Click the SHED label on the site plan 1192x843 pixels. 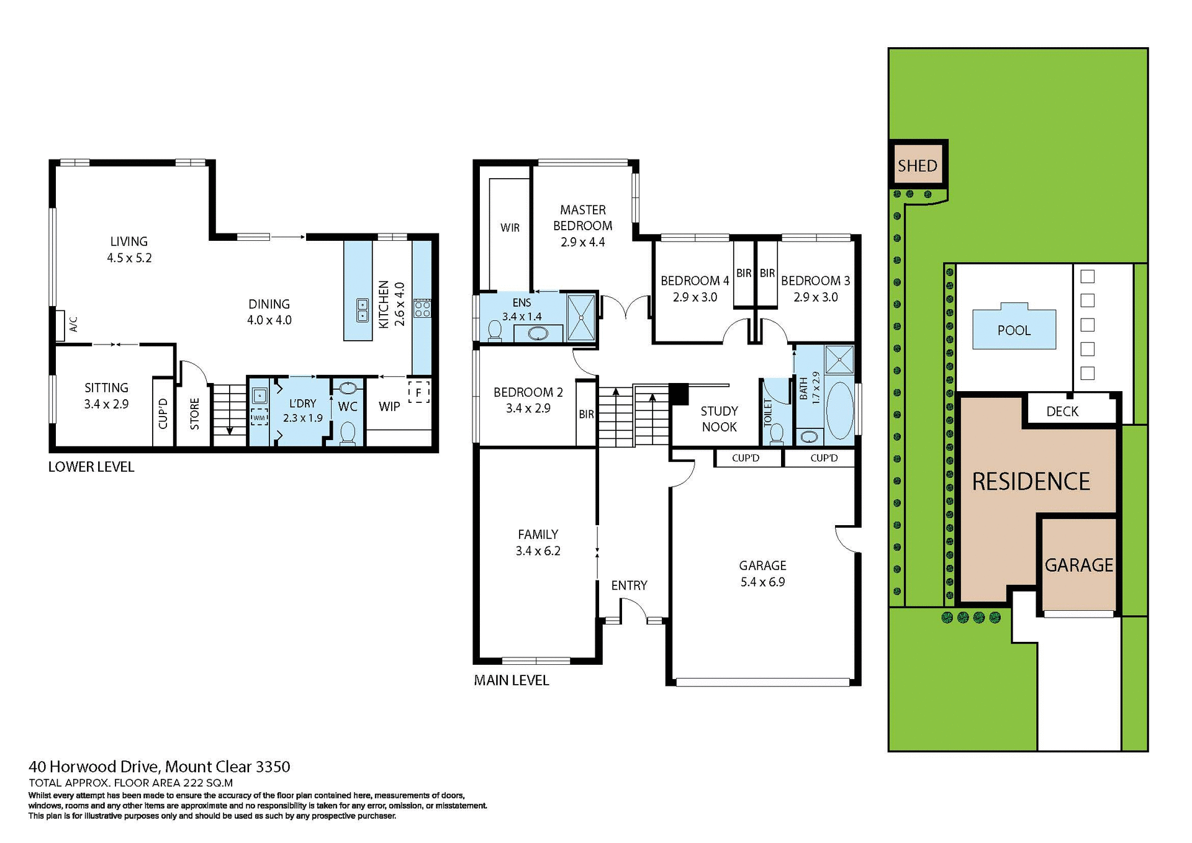point(917,166)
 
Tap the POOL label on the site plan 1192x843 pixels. point(1013,330)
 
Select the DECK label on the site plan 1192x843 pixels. point(1062,411)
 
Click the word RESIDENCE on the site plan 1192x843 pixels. point(1031,482)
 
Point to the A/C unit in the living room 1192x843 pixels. point(61,325)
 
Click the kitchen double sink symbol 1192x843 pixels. point(362,310)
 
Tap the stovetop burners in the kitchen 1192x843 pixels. point(422,309)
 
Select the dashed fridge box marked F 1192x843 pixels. point(419,392)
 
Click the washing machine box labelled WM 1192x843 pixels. point(259,417)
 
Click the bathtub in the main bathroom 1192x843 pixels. point(841,410)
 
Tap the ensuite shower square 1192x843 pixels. point(581,317)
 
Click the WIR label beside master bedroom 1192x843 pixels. point(510,228)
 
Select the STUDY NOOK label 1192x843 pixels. point(719,419)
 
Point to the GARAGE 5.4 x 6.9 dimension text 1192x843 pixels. point(762,582)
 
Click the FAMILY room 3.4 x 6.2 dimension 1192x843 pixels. point(538,551)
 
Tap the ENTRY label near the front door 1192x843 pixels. point(628,585)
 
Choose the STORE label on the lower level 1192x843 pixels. point(194,414)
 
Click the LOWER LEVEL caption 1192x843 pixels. point(91,467)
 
